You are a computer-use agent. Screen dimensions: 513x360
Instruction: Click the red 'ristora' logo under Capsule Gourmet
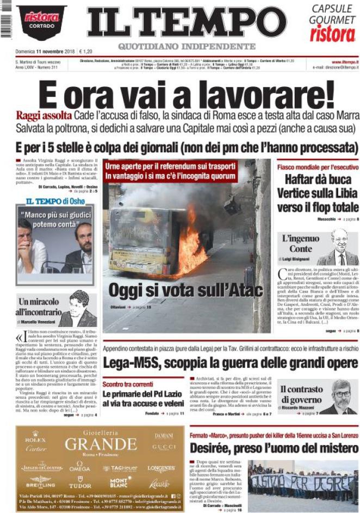tap(332, 34)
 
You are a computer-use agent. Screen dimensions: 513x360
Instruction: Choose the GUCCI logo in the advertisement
tap(164, 447)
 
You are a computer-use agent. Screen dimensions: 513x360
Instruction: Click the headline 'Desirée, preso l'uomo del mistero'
tap(274, 448)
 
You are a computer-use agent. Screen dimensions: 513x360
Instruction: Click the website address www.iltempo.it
tap(344, 62)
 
